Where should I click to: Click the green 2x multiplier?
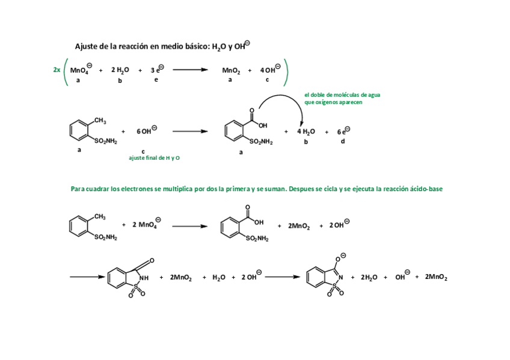coord(57,70)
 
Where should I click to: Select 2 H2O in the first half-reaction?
coord(120,70)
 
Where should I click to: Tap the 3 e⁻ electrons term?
coord(156,70)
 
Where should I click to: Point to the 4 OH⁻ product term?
coord(268,70)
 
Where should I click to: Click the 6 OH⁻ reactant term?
coord(146,130)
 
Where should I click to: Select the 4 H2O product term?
coord(306,132)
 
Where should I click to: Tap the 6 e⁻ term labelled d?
coord(342,131)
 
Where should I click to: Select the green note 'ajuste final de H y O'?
coord(155,157)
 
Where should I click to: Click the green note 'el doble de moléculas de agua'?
coord(342,95)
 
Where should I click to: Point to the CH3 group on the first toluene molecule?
coord(100,121)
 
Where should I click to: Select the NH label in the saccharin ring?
coord(144,278)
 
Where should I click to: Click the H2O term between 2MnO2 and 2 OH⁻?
coord(218,278)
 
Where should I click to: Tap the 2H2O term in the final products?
coord(369,278)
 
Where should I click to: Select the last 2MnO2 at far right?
coord(436,277)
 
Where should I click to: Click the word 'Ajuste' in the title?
coord(86,46)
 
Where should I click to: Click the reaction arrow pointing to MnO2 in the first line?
coord(191,70)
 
